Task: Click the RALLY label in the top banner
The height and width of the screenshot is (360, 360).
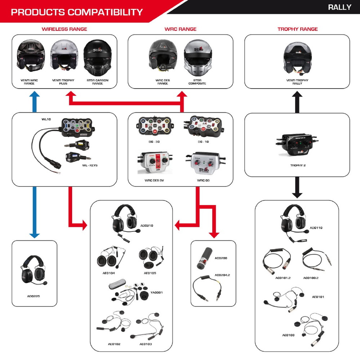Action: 339,7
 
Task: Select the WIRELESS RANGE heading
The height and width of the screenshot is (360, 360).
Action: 65,29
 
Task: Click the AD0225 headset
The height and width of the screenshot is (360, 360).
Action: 34,270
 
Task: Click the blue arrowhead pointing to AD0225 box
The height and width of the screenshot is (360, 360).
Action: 34,235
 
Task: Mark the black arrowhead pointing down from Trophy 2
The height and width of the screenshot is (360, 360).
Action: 297,195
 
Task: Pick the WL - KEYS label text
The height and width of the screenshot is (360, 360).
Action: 90,165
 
